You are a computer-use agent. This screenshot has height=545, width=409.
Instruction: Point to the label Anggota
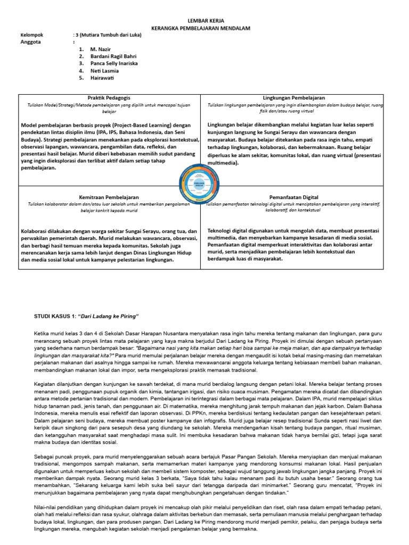coord(30,42)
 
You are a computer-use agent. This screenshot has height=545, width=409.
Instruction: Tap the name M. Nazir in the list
coord(101,49)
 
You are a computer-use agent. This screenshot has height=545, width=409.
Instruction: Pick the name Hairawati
coord(102,78)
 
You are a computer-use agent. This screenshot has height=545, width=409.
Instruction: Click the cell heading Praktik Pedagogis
coord(109,98)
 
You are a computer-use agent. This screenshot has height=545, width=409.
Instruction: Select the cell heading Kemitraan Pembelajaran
coord(109,197)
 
